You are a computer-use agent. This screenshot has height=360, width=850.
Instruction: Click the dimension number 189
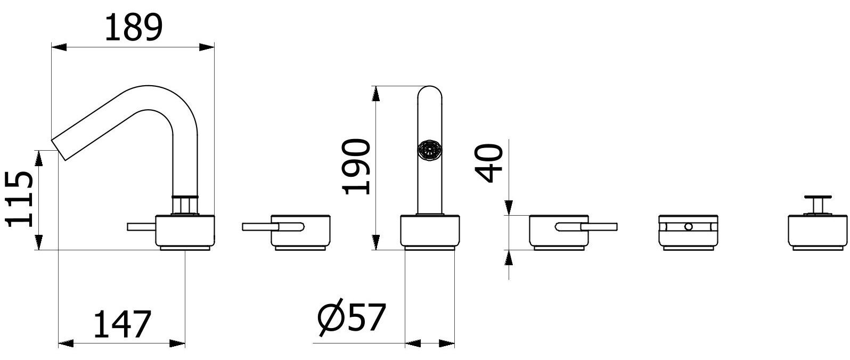coord(133,27)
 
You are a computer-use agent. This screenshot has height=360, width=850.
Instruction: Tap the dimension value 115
coord(19,200)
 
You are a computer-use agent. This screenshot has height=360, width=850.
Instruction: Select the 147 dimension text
coord(122,324)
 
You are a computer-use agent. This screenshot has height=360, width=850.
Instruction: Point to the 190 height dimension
coord(356,167)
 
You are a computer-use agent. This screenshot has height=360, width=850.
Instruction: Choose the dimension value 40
coord(489,163)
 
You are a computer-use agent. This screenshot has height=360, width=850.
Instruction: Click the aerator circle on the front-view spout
coord(429,150)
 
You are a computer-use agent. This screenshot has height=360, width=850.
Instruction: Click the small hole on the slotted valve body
coord(688,227)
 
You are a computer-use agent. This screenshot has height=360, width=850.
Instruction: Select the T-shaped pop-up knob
coord(818,205)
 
